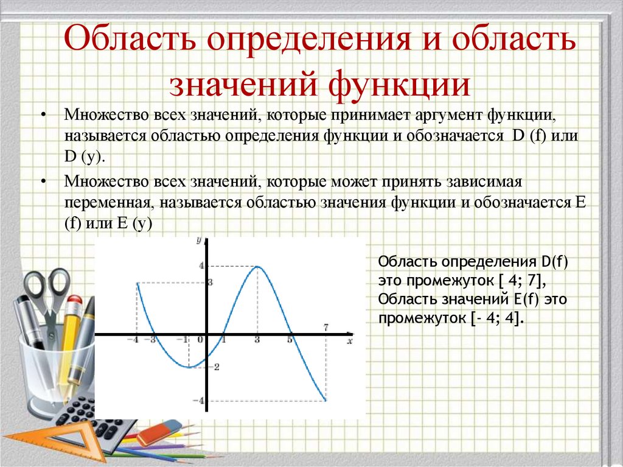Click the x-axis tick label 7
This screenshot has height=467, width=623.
point(326,328)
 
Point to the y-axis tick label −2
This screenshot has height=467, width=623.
point(216,367)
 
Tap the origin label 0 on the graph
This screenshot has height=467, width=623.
point(200,340)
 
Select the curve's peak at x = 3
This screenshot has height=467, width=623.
point(258,266)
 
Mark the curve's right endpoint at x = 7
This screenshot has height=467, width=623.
point(326,400)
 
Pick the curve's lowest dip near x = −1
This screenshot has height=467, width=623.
point(189,367)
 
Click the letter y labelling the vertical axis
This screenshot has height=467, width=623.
point(199,241)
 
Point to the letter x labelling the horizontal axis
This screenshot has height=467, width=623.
point(350,342)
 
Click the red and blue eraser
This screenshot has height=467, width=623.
point(159,432)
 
